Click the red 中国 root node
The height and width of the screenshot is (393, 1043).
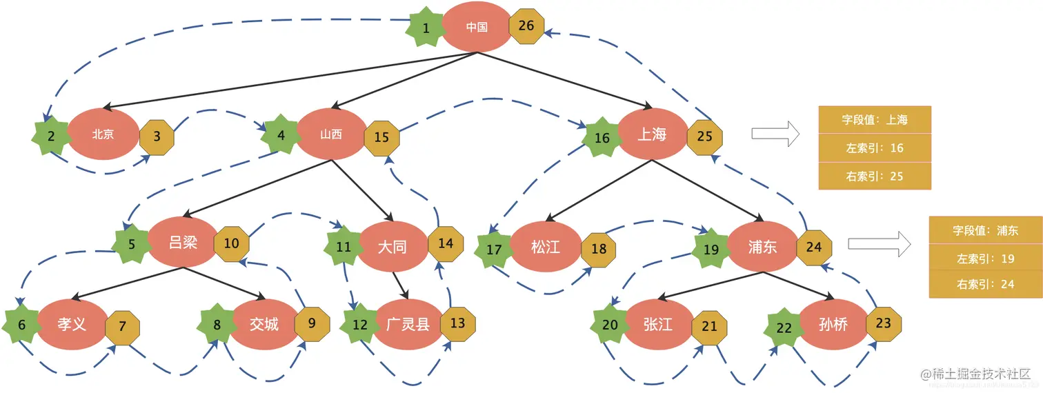pos(476,27)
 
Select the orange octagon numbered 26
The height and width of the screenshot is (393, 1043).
pos(526,26)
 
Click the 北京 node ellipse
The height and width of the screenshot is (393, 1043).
pos(103,134)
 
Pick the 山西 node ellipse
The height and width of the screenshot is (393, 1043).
pos(331,134)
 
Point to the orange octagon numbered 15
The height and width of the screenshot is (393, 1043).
pos(381,137)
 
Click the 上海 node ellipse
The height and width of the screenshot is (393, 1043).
pos(652,135)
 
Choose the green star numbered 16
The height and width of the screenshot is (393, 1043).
pos(602,137)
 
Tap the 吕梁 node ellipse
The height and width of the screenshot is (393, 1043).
pos(183,243)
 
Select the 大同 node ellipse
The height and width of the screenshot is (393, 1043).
pos(392,246)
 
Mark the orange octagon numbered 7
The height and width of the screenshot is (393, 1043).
pos(123,326)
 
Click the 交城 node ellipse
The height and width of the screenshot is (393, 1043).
pos(264,323)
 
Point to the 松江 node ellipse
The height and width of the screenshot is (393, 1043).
pos(546,246)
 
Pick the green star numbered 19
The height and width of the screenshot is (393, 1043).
pos(711,248)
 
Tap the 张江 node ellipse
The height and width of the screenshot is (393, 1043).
pos(657,324)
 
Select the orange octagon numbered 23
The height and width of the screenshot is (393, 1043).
pos(884,323)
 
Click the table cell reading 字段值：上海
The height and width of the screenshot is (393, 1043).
pos(875,120)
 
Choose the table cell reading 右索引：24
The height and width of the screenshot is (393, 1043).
pos(986,284)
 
